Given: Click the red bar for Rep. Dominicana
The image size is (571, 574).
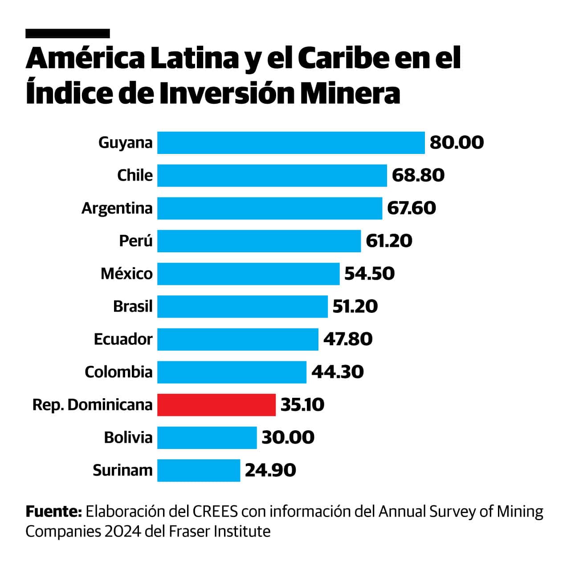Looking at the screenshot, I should (x=216, y=404).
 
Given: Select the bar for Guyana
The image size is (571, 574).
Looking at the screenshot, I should (x=291, y=143).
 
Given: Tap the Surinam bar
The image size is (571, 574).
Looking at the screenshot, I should (x=199, y=470).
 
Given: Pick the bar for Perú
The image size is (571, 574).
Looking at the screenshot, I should (x=259, y=241).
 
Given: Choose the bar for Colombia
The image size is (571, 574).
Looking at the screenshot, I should (x=232, y=372).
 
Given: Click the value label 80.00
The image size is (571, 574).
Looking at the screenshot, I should (x=457, y=143).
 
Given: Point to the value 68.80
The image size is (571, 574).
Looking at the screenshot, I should (x=418, y=175).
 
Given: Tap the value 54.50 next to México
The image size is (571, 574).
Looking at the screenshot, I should (x=369, y=274).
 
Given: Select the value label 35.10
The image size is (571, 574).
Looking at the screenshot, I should (x=302, y=405).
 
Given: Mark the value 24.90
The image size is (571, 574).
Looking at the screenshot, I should (x=270, y=470).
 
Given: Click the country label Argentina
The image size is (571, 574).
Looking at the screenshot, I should (x=117, y=208).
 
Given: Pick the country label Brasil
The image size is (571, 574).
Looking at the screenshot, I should (x=133, y=307).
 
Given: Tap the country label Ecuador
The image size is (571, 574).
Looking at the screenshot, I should (x=123, y=339).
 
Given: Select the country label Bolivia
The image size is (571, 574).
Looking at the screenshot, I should (x=128, y=437).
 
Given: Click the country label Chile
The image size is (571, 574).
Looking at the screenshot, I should (x=135, y=175).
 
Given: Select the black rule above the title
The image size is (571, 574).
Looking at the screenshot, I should (x=68, y=33).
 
